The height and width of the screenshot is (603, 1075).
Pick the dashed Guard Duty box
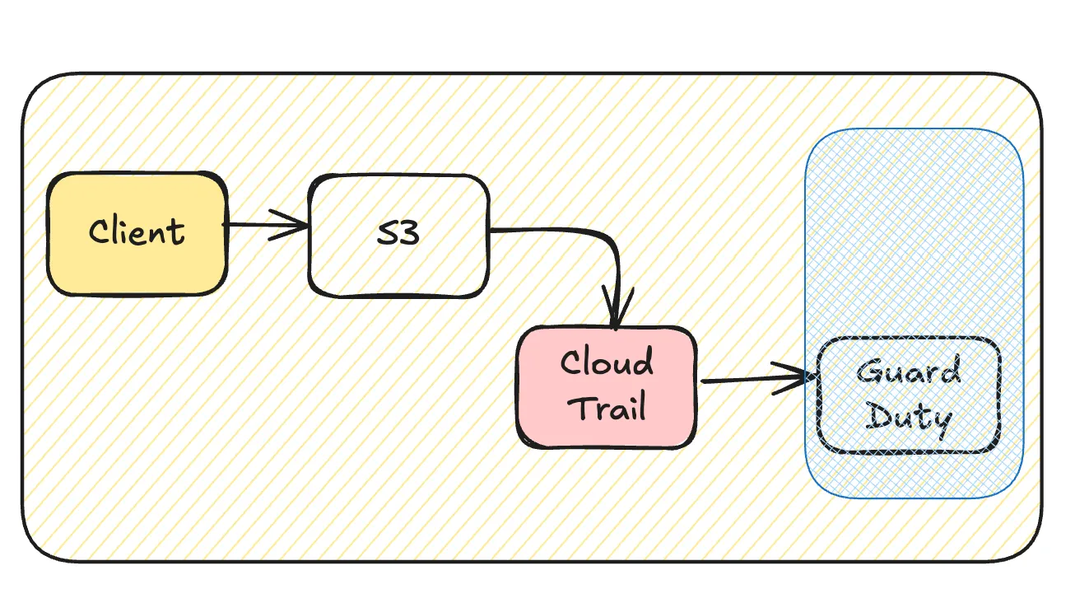coord(908,395)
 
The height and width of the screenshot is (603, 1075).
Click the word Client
coord(137,231)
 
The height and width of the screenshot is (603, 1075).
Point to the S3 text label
coord(398,233)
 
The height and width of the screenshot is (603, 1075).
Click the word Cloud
coord(607,362)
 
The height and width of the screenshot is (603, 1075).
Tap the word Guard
coord(908,372)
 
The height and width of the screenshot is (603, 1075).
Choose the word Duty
coord(909,418)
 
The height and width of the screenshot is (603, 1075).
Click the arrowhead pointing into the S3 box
coord(296,224)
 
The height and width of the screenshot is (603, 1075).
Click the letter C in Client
coord(99,231)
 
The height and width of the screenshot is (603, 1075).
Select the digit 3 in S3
coord(409,233)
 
